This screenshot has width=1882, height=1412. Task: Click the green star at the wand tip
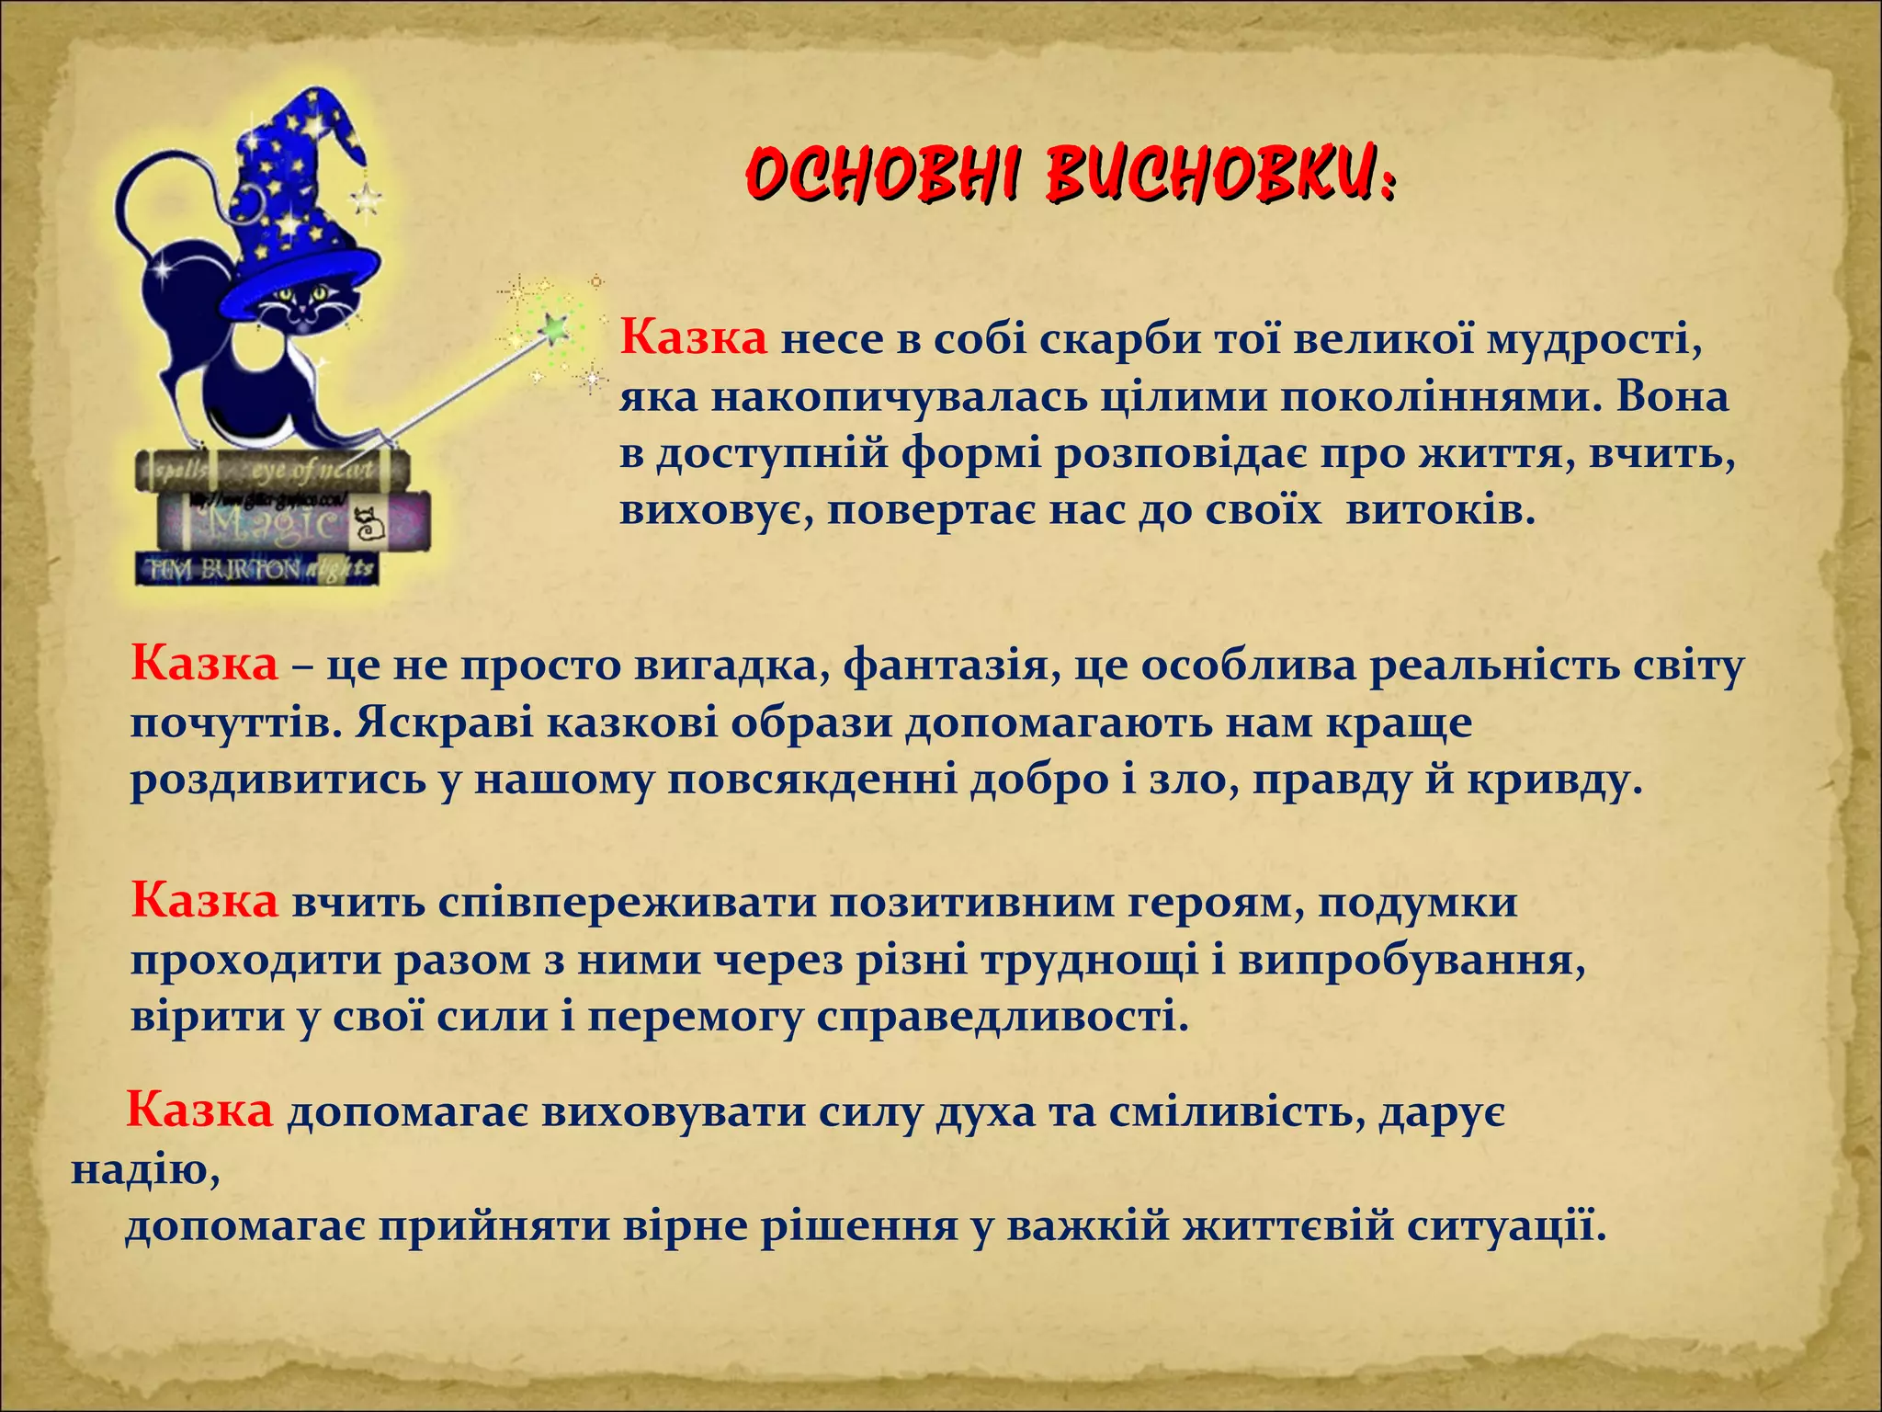click(554, 325)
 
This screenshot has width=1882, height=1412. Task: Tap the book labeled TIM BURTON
click(257, 569)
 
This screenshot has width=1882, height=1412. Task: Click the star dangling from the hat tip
click(367, 197)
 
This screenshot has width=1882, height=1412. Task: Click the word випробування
click(1411, 960)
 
